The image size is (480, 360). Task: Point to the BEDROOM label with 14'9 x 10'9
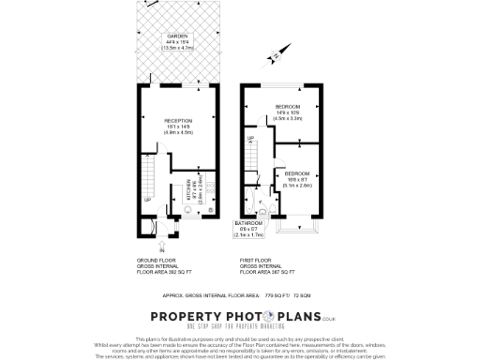[288, 107]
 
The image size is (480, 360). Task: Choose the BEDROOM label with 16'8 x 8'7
[299, 174]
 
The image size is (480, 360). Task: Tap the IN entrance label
[162, 250]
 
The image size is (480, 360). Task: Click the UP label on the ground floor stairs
[147, 199]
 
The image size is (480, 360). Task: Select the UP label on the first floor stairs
[250, 139]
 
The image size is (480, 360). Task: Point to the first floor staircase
[252, 159]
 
